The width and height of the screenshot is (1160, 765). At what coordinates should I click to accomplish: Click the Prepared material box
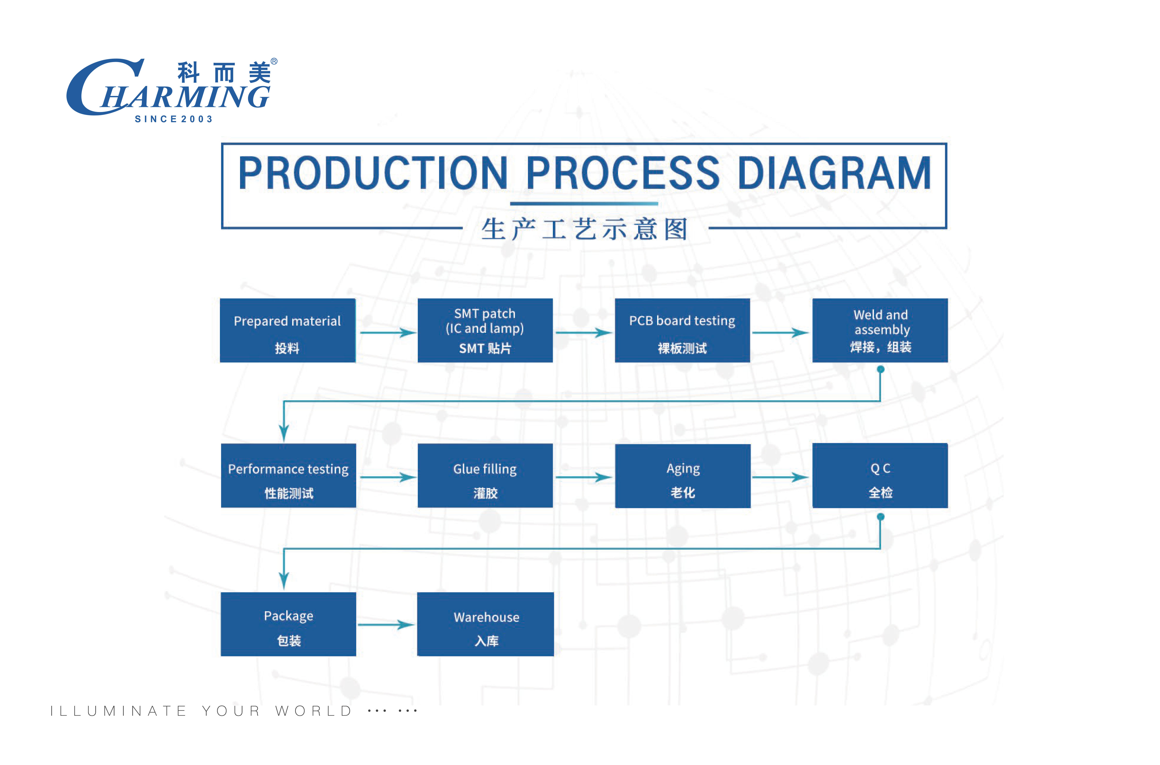coord(288,330)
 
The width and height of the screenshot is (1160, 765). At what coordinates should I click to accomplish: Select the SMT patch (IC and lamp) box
coord(485,330)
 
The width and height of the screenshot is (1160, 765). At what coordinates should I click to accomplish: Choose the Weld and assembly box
coord(880,330)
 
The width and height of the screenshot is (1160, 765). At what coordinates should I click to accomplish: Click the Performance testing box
coord(288,476)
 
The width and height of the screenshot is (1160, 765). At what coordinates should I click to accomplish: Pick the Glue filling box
coord(485,476)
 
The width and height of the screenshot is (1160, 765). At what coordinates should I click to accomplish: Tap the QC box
coord(880,476)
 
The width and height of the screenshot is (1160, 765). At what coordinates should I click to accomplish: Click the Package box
coord(288,624)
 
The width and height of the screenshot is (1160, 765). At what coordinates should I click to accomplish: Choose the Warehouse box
coord(485,624)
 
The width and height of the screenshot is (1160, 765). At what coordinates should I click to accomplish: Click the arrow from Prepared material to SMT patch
coord(388,333)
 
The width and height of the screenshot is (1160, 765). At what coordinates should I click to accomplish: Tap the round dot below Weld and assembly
coord(880,369)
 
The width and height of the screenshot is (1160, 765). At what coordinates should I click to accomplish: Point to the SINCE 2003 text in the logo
coord(174,119)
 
